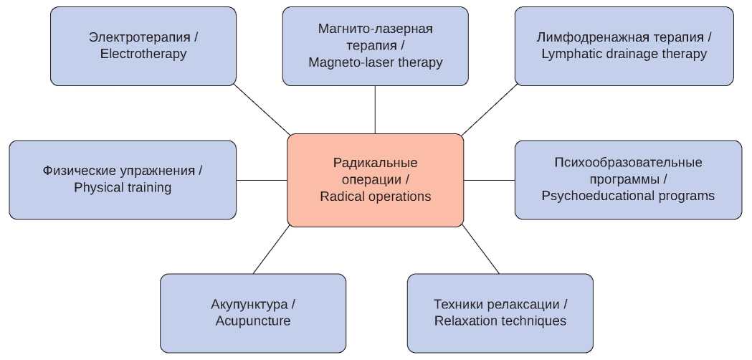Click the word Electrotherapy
point(143,54)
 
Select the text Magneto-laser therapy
point(375,62)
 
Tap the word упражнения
point(158,171)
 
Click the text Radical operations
point(375,196)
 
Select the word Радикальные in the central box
point(375,163)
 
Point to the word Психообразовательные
point(628,162)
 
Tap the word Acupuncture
point(253,321)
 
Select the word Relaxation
point(468,321)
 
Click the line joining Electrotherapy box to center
point(262,110)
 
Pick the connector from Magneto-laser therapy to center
point(375,110)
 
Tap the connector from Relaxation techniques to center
point(480,250)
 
